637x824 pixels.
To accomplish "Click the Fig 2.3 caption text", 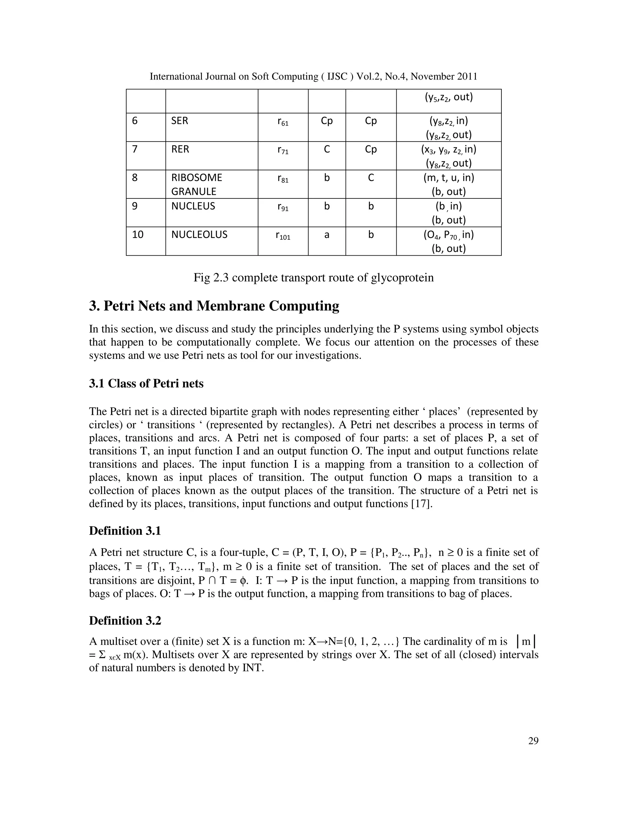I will [x=313, y=278].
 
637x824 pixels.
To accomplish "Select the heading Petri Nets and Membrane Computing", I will [x=214, y=306].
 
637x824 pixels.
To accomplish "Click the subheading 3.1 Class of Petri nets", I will [x=146, y=384].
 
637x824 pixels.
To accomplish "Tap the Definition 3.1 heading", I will [x=125, y=531].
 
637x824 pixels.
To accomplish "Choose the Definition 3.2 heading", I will [x=125, y=621].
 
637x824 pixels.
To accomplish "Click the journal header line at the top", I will [x=313, y=76].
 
